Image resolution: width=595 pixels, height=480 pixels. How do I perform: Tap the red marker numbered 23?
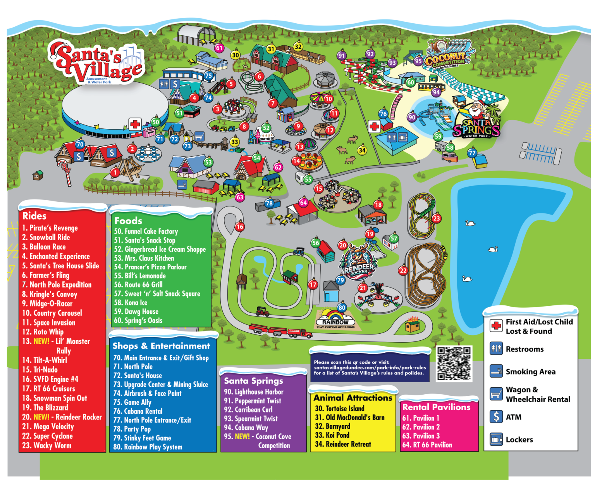437,218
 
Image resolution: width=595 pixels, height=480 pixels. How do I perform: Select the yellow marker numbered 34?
362,150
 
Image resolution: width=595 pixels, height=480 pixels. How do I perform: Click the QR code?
454,364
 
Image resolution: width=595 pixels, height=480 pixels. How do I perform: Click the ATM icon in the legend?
496,417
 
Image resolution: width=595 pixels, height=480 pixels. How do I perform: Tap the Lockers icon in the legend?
496,439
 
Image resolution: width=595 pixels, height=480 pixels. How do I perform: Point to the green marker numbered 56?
316,243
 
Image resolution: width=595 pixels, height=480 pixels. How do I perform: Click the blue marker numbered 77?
472,153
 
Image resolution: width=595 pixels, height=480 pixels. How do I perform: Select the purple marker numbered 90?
412,117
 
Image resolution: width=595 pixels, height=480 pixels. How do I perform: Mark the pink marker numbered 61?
219,48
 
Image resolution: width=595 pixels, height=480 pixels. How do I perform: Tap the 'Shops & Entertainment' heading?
161,346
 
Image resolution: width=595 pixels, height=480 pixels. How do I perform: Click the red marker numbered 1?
115,172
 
